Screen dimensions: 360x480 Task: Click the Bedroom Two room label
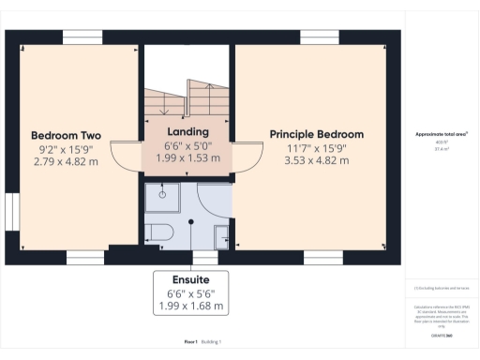(x=66, y=134)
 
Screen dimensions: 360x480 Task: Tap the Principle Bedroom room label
(x=316, y=134)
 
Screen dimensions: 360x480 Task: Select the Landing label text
(x=187, y=132)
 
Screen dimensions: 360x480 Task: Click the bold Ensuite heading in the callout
(x=190, y=279)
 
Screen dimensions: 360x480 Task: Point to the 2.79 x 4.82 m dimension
(x=66, y=161)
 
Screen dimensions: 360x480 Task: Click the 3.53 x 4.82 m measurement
(x=316, y=161)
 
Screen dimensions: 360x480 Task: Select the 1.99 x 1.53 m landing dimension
(x=187, y=158)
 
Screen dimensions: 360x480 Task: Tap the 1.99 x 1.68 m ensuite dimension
(x=190, y=306)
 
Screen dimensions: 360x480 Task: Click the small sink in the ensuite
(x=222, y=235)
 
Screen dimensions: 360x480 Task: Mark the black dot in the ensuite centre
(x=191, y=222)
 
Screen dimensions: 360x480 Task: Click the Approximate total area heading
(x=442, y=134)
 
